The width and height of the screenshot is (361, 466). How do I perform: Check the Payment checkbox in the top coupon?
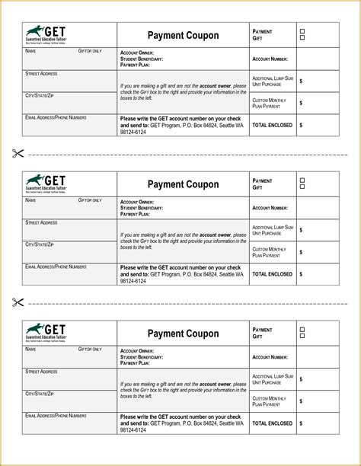(x=302, y=31)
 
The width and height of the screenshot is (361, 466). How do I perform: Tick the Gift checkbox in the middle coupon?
(x=302, y=187)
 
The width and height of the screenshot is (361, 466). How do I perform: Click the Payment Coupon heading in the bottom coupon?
(x=183, y=333)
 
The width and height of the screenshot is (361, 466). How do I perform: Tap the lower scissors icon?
(x=18, y=302)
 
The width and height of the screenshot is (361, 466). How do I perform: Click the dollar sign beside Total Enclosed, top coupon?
(x=301, y=124)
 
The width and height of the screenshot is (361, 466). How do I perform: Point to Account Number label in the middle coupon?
(x=270, y=207)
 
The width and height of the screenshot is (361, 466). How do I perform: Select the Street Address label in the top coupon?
(x=41, y=73)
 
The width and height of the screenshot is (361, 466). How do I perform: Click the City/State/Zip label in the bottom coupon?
(x=40, y=393)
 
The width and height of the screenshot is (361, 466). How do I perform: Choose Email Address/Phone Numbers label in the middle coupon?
(x=56, y=267)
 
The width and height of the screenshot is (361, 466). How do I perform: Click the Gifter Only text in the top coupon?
(x=90, y=50)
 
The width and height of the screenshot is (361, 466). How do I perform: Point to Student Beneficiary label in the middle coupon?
(x=142, y=207)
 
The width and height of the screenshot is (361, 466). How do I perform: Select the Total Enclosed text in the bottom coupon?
(x=271, y=423)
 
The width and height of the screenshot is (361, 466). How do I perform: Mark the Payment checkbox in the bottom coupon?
(x=302, y=329)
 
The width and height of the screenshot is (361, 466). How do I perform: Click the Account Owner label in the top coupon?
(x=138, y=53)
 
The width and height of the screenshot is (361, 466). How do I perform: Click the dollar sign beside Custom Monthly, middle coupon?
(x=301, y=252)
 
